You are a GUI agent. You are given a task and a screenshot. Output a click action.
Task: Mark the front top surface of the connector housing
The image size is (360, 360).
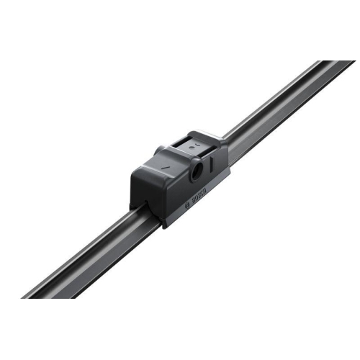tap(162, 162)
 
